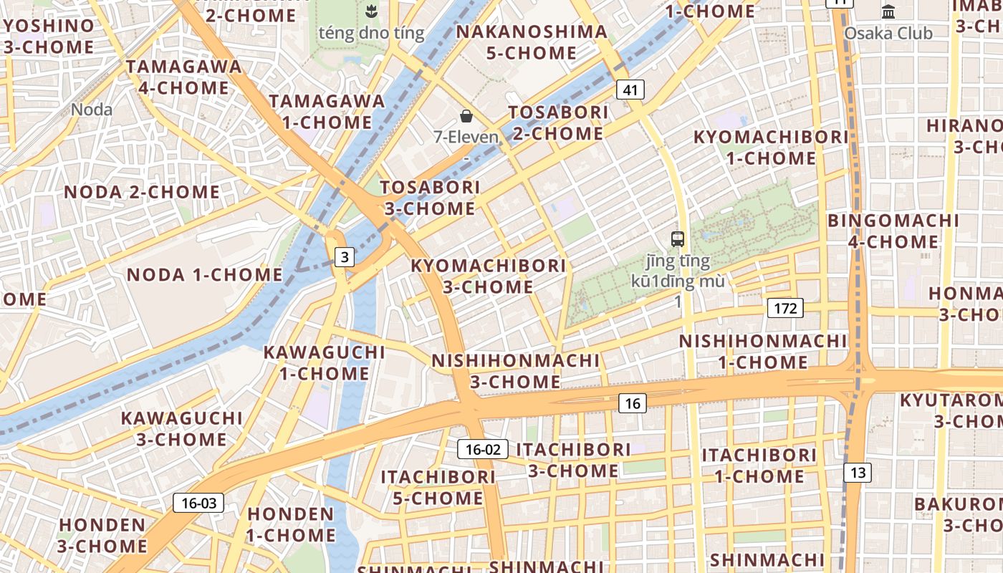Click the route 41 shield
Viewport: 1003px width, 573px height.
[630, 90]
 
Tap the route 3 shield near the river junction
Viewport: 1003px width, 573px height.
[345, 256]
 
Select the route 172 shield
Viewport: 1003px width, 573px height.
[785, 309]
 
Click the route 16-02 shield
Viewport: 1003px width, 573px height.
[483, 449]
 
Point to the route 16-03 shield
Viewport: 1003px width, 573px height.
[198, 503]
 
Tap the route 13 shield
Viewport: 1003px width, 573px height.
[858, 472]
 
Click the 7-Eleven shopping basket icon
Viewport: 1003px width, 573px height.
[466, 116]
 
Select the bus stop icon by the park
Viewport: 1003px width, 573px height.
[678, 239]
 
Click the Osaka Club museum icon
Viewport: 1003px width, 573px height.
[889, 11]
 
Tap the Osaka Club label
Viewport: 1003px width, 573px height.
[888, 33]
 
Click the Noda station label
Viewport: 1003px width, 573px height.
[92, 110]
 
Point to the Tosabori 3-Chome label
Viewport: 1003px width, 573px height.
[430, 198]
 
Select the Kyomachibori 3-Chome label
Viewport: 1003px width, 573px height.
[488, 276]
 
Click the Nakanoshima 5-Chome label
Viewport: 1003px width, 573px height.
[532, 42]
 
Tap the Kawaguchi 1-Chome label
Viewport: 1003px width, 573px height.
[325, 362]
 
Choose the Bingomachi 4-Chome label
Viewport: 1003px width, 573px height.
[893, 231]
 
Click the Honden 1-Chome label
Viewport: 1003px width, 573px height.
[291, 524]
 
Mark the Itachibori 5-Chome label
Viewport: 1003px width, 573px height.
[438, 487]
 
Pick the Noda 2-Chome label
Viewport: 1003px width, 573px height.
[142, 192]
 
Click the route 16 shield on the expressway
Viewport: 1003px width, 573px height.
[632, 403]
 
